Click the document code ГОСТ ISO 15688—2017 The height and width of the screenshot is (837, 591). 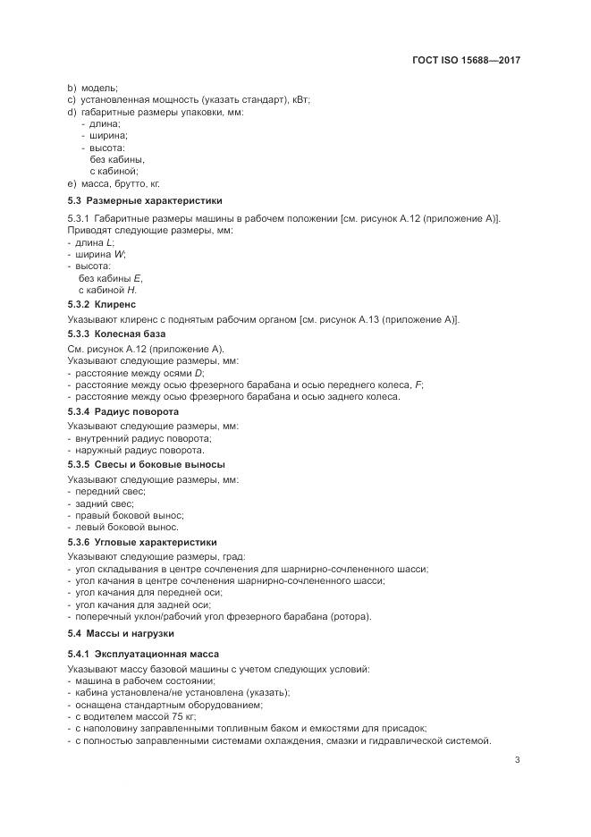pos(469,61)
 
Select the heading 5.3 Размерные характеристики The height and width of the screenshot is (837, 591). pos(145,200)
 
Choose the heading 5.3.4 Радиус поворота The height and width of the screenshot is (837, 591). pos(123,411)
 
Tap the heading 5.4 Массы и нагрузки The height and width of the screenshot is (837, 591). pos(121,633)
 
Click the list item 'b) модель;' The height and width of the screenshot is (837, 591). pos(93,88)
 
